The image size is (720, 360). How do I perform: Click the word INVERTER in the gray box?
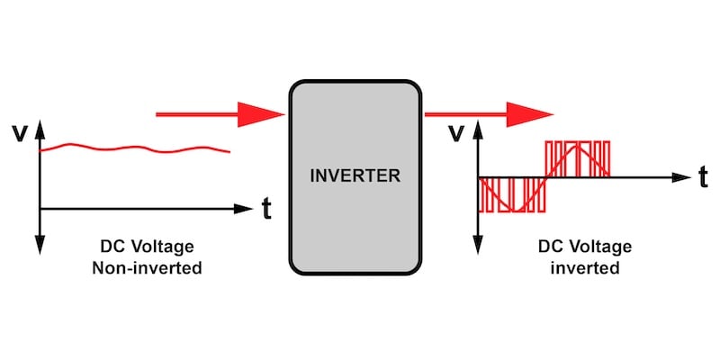355,175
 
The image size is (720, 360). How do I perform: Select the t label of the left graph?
266,209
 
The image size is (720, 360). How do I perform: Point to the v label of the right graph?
456,132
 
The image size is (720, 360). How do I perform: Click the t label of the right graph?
703,176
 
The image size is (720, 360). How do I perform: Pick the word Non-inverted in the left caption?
147,267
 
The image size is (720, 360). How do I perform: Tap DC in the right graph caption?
550,246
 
